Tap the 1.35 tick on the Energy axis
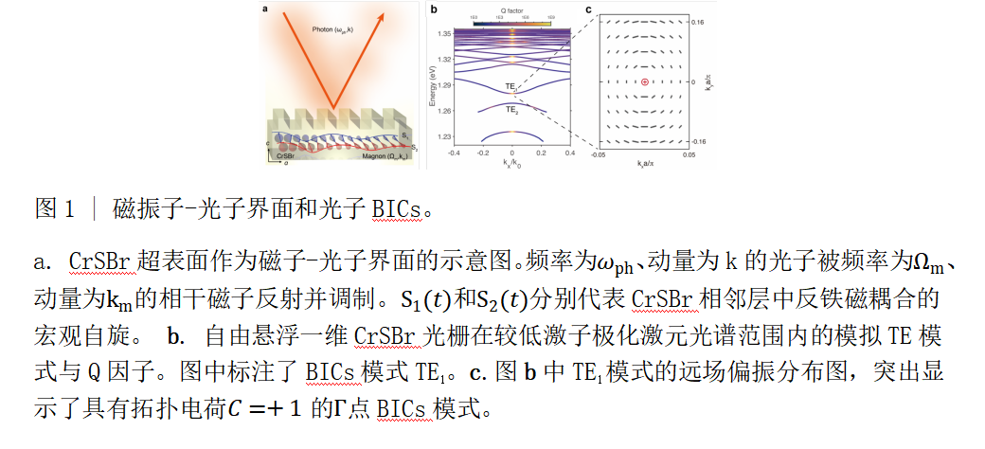click(442, 34)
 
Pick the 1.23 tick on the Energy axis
click(442, 137)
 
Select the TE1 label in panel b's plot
click(510, 87)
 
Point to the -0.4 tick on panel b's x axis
click(454, 153)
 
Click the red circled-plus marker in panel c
click(645, 83)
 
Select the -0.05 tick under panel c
click(597, 153)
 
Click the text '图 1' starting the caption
click(54, 207)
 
